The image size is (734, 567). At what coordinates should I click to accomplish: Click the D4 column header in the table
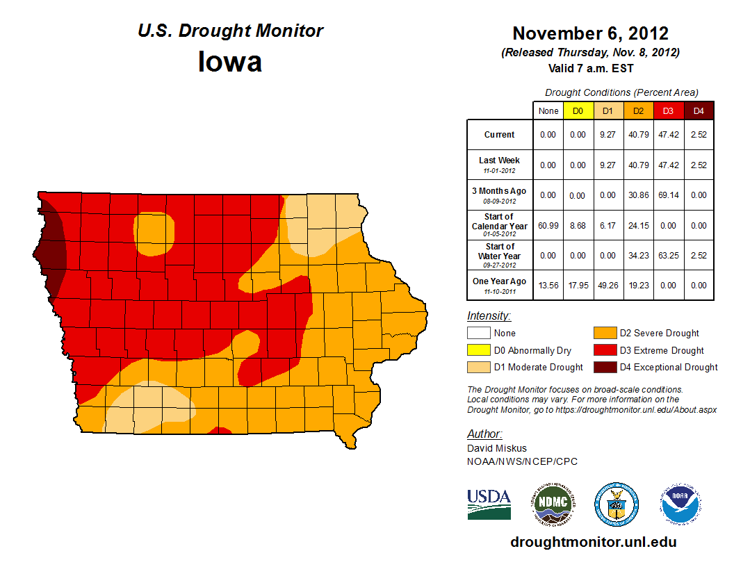699,110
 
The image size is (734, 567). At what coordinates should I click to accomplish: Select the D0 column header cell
578,110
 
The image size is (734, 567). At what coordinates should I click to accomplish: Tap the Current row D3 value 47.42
668,135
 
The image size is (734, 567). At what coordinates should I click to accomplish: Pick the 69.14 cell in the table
668,195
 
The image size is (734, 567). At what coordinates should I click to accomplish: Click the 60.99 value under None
548,226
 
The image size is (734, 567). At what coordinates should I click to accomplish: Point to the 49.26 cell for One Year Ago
607,285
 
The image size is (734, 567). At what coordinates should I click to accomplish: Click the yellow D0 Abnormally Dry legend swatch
478,350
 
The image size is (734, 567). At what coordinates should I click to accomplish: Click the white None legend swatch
478,334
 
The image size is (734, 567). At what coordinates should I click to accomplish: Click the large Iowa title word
230,63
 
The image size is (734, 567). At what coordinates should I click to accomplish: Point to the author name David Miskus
496,448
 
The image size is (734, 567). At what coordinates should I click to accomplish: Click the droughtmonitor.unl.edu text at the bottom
593,542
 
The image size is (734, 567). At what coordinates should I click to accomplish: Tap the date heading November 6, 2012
590,33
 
